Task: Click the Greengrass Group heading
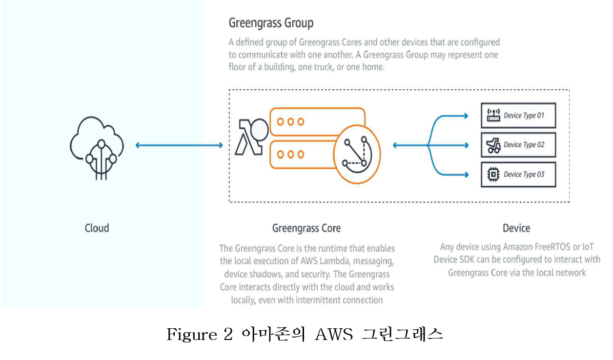[x=271, y=23]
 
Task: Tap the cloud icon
[x=97, y=148]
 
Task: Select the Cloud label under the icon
[x=97, y=228]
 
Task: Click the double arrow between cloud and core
[x=179, y=145]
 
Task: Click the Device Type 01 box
[x=518, y=116]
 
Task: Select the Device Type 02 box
[x=518, y=145]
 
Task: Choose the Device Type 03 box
[x=518, y=175]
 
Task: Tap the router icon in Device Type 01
[x=493, y=115]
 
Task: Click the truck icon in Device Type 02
[x=493, y=145]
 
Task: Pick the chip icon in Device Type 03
[x=493, y=174]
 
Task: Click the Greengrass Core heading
[x=306, y=228]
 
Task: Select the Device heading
[x=516, y=228]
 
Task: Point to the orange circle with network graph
[x=357, y=154]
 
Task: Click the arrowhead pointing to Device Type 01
[x=466, y=116]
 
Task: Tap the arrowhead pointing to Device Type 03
[x=466, y=175]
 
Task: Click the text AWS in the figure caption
[x=334, y=334]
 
